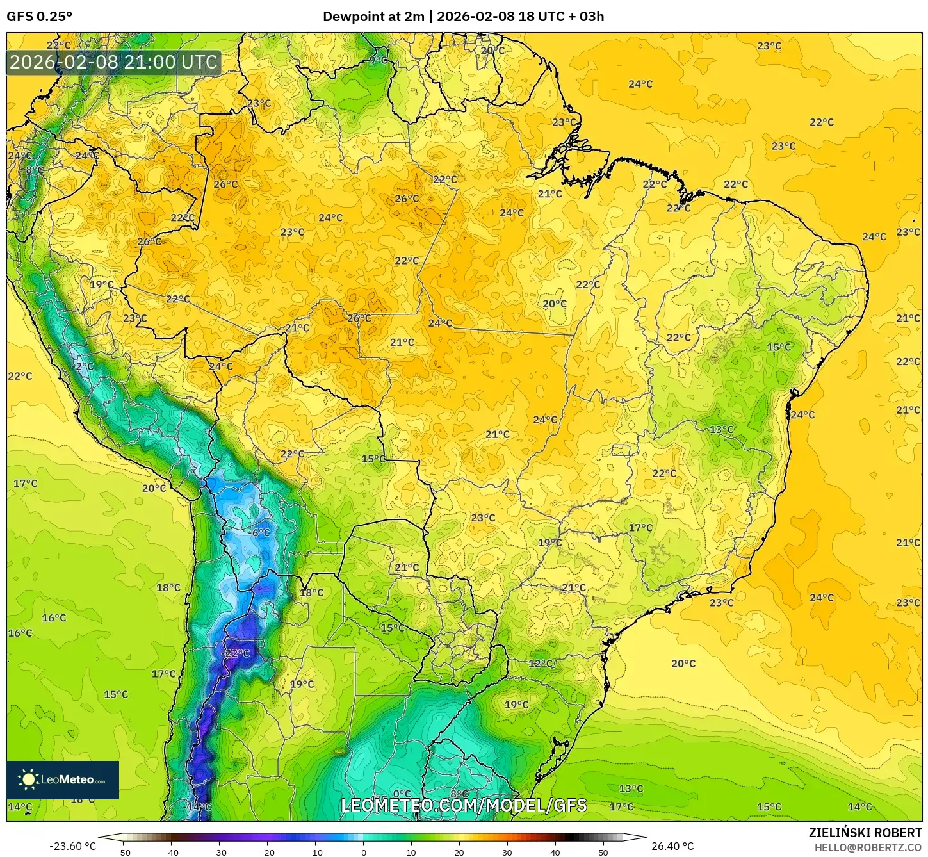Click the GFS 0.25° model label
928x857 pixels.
[40, 17]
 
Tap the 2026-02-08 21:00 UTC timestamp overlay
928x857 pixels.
[114, 62]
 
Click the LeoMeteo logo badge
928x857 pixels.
[63, 779]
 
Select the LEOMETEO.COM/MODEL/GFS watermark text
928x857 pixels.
[463, 805]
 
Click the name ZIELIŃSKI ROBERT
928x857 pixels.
[865, 833]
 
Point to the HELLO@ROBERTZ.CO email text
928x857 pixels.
[868, 847]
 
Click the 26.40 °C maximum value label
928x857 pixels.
[672, 846]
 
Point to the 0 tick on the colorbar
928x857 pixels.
[363, 852]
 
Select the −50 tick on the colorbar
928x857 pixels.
[122, 852]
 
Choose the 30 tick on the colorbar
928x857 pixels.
[507, 852]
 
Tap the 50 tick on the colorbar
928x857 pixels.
[603, 852]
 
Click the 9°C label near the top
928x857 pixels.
[379, 60]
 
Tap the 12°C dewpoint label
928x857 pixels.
[541, 663]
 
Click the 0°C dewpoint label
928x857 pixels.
[402, 794]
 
